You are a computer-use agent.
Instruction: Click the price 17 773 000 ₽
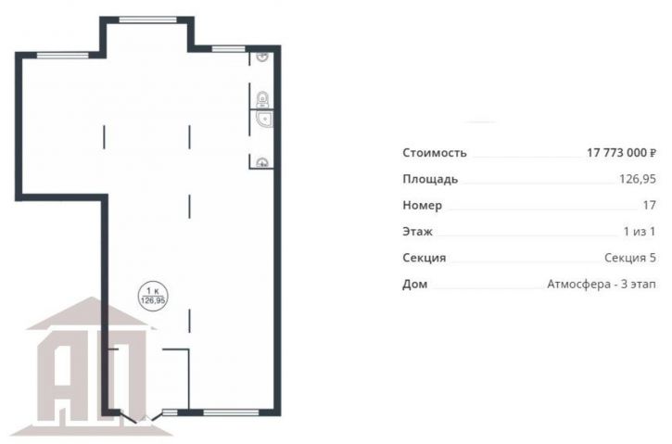(621, 153)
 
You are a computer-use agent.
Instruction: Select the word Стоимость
(435, 153)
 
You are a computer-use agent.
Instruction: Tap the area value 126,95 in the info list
(638, 179)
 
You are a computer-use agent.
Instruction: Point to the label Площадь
(430, 179)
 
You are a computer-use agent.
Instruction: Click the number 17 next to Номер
(649, 205)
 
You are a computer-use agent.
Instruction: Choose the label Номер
(422, 205)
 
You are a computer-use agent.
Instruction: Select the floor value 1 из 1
(640, 232)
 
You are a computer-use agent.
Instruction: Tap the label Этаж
(417, 232)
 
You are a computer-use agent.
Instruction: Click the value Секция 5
(630, 258)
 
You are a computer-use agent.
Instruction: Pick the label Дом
(415, 284)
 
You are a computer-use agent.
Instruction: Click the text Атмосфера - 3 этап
(602, 284)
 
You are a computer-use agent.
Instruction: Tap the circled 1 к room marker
(153, 296)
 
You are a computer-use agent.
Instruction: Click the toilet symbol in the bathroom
(262, 99)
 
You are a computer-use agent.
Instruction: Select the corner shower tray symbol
(264, 120)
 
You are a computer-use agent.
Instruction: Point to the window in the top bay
(148, 19)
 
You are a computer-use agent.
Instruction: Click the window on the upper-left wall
(63, 55)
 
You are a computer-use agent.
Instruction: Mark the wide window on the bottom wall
(231, 412)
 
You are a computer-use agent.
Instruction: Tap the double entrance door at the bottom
(143, 416)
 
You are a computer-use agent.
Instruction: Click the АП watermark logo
(92, 364)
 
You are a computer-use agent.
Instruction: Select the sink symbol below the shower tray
(262, 162)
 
